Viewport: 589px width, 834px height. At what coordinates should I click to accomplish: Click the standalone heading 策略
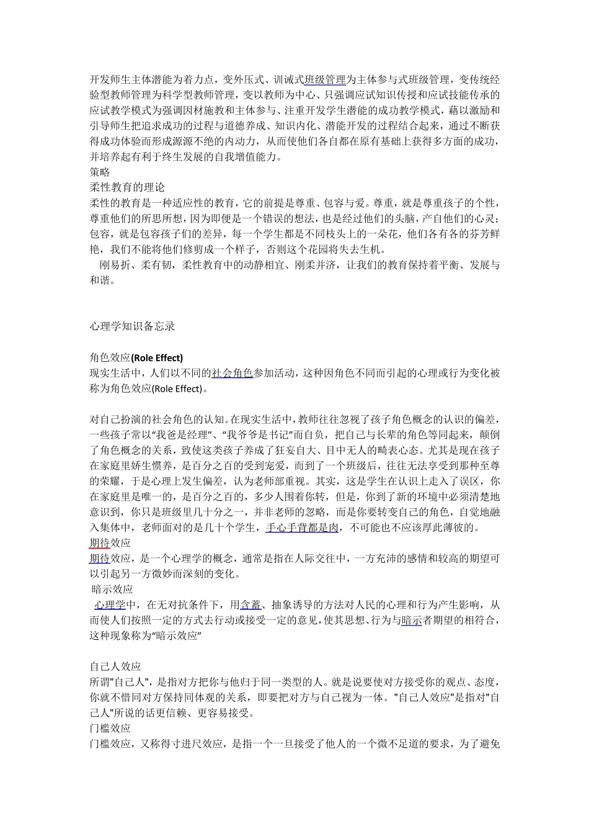pyautogui.click(x=100, y=173)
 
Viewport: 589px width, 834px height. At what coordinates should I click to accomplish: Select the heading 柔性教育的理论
pyautogui.click(x=127, y=187)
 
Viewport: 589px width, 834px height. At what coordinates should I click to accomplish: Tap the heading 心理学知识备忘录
pyautogui.click(x=132, y=326)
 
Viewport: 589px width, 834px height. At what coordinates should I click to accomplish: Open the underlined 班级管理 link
pyautogui.click(x=325, y=80)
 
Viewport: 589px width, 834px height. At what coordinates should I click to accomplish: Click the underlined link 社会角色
pyautogui.click(x=232, y=374)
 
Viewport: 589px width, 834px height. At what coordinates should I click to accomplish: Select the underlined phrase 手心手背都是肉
pyautogui.click(x=302, y=528)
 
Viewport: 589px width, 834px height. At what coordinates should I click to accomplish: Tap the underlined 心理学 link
pyautogui.click(x=110, y=605)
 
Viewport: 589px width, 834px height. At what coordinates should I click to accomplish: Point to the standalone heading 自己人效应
pyautogui.click(x=115, y=667)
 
